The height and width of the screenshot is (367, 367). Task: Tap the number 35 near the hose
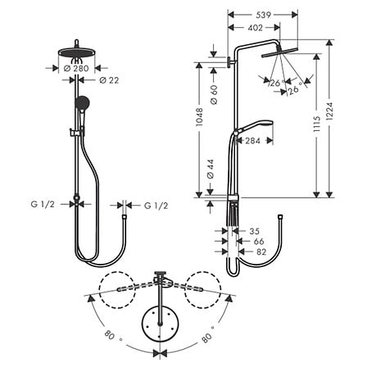254,231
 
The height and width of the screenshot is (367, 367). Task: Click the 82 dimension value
261,253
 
